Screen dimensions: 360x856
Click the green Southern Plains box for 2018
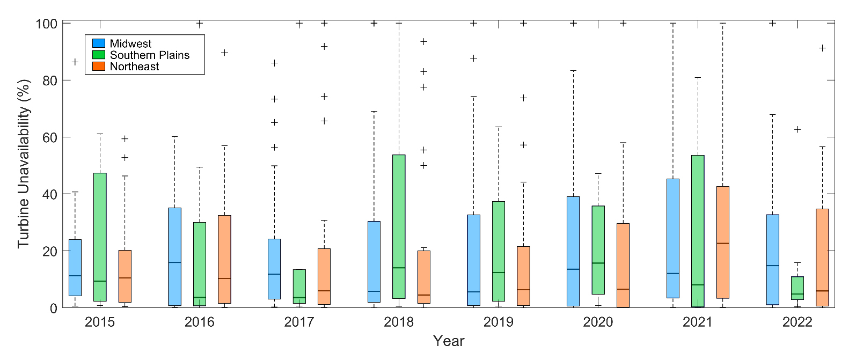tap(399, 226)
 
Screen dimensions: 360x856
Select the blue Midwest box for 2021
tap(673, 238)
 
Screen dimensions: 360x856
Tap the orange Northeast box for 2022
tap(822, 258)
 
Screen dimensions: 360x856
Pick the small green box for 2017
tap(299, 286)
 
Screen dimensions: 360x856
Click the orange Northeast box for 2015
tap(125, 276)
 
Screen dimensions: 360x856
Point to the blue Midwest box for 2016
tap(174, 256)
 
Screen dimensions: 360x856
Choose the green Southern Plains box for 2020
tap(598, 250)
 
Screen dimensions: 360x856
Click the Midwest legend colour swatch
tap(99, 43)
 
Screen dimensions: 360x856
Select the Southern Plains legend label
tap(149, 55)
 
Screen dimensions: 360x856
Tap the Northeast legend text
tap(134, 67)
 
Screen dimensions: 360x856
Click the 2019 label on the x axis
tap(498, 322)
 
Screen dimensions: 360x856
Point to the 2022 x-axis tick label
tap(797, 322)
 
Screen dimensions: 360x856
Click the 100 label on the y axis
tap(47, 24)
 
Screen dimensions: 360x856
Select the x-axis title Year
tap(449, 341)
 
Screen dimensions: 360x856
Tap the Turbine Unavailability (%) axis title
tap(23, 164)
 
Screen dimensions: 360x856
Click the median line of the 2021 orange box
tap(723, 244)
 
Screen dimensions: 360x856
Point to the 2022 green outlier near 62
tap(798, 129)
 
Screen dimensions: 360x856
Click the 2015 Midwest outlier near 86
tap(75, 62)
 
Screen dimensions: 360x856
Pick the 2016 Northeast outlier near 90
tap(224, 53)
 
